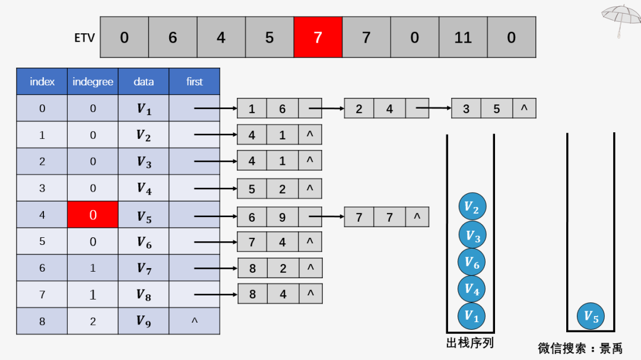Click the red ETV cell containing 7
pyautogui.click(x=318, y=37)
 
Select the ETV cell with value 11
pyautogui.click(x=463, y=37)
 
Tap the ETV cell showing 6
pyautogui.click(x=173, y=37)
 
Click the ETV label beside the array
pyautogui.click(x=84, y=38)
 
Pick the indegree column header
pyautogui.click(x=93, y=82)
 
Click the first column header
pyautogui.click(x=194, y=82)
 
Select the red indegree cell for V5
pyautogui.click(x=93, y=215)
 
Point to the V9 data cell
pyautogui.click(x=144, y=321)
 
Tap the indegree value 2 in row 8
pyautogui.click(x=93, y=321)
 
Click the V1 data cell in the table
pyautogui.click(x=144, y=109)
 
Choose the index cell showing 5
pyautogui.click(x=42, y=241)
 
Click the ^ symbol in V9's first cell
pyautogui.click(x=194, y=321)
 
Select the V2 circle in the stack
pyautogui.click(x=472, y=208)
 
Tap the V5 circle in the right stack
pyautogui.click(x=591, y=316)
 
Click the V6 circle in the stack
pyautogui.click(x=472, y=262)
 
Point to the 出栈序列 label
pyautogui.click(x=469, y=343)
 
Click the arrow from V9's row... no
pyautogui.click(x=194, y=321)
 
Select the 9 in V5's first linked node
pyautogui.click(x=283, y=218)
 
